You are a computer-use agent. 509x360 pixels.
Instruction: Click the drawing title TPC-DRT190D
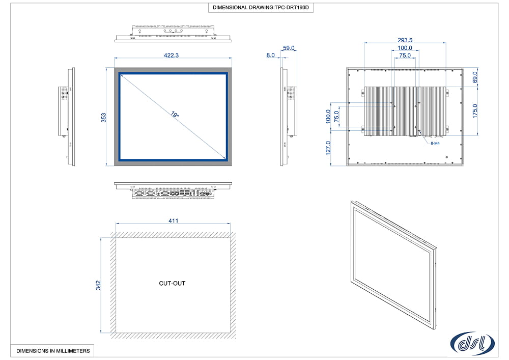[x=261, y=8]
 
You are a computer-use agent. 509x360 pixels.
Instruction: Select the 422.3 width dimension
[x=171, y=55]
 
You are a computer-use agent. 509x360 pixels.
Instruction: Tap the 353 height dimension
[x=103, y=118]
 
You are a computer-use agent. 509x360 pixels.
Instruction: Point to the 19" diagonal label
[x=175, y=114]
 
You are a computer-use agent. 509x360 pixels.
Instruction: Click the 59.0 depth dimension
[x=289, y=48]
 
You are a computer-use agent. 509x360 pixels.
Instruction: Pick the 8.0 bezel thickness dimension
[x=270, y=55]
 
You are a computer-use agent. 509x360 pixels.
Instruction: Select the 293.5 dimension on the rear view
[x=405, y=40]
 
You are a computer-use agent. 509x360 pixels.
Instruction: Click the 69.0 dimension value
[x=475, y=77]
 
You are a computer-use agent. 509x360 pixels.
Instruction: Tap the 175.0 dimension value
[x=475, y=111]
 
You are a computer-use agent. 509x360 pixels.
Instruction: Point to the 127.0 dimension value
[x=328, y=148]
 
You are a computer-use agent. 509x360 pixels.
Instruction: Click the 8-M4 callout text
[x=435, y=143]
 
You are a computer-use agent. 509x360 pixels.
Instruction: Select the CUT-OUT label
[x=172, y=284]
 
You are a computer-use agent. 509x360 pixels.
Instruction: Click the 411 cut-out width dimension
[x=174, y=221]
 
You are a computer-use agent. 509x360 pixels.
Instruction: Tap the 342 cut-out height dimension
[x=98, y=285]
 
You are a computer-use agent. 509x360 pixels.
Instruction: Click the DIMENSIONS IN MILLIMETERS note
[x=53, y=351]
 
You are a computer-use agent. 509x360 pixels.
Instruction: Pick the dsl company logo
[x=472, y=343]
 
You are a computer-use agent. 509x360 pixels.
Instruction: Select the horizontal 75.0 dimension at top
[x=405, y=56]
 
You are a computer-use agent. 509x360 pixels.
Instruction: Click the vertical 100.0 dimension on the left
[x=328, y=116]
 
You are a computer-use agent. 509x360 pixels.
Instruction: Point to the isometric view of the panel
[x=394, y=265]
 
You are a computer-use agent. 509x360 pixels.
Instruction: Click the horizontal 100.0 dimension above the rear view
[x=405, y=48]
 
